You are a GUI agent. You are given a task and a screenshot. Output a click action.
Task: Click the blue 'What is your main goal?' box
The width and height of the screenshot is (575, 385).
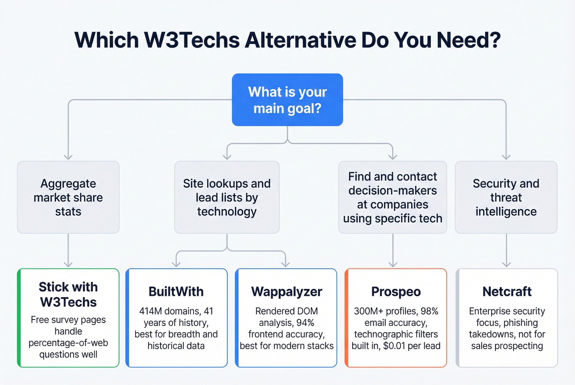[x=287, y=100]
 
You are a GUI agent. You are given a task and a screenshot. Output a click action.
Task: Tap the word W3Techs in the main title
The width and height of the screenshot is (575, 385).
[x=192, y=40]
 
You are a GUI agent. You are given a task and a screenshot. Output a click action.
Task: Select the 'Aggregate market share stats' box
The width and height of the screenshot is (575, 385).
[x=68, y=197]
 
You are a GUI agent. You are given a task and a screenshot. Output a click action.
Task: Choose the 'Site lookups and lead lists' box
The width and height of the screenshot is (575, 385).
[x=227, y=197]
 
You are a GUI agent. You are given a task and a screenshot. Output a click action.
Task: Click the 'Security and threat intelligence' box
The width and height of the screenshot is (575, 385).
[x=506, y=197]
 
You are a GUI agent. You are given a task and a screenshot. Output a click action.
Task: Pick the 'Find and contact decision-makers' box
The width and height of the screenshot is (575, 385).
[x=393, y=197]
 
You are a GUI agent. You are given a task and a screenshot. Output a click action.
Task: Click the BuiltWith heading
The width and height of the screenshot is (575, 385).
[x=176, y=292]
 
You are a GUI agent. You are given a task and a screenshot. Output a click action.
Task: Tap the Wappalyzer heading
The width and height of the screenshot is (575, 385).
[x=287, y=292]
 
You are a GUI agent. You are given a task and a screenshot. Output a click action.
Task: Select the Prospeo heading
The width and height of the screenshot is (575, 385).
[x=396, y=292]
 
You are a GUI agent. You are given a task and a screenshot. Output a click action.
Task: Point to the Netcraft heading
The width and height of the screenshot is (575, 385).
[x=507, y=292]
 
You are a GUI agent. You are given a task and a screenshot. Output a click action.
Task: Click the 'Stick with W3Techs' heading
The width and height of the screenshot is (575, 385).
[x=68, y=294]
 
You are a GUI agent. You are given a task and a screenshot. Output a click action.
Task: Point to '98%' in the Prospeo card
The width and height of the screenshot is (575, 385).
[x=429, y=311]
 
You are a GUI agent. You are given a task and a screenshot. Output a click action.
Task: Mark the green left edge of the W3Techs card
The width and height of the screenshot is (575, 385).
[x=19, y=318]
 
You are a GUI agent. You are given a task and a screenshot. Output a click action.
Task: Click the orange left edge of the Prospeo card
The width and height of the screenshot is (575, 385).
[x=346, y=318]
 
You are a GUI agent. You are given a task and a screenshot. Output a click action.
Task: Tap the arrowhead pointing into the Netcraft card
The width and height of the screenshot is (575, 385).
[x=506, y=264]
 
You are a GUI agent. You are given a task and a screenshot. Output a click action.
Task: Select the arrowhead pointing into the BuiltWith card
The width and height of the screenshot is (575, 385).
[x=176, y=264]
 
